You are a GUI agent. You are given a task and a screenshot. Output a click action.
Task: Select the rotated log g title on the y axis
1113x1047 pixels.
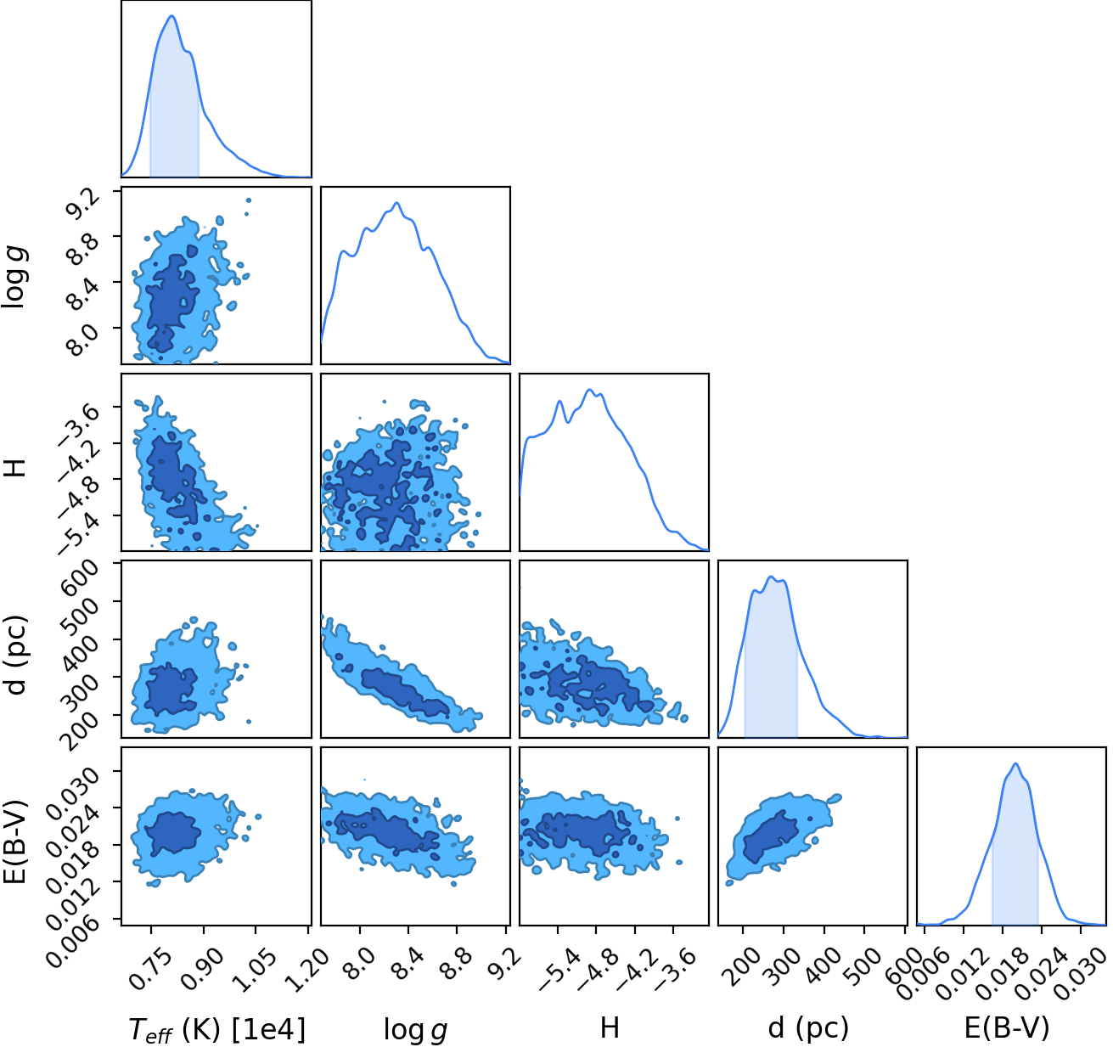tap(14, 278)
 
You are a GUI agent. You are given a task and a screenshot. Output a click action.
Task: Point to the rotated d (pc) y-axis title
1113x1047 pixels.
tap(14, 655)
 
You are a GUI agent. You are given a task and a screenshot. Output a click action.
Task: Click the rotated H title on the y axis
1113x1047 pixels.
tap(14, 466)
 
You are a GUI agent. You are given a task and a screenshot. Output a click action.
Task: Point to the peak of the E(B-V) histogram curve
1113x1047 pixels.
tap(1015, 763)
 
